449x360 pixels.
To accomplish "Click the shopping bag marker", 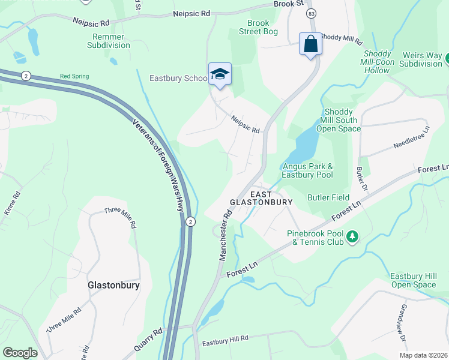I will (310, 44).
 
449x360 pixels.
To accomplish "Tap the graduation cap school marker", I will (220, 74).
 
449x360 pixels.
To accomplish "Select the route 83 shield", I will (310, 13).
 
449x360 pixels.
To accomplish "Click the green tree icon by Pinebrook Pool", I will (354, 238).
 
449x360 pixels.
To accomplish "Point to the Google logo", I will (20, 352).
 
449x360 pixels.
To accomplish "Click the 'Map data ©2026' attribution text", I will (423, 355).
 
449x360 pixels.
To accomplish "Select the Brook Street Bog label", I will (258, 27).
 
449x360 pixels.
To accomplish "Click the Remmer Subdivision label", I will (109, 41).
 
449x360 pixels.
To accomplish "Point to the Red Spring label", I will (74, 77).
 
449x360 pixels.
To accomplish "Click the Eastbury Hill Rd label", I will (225, 340).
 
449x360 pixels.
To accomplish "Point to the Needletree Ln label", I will (411, 137).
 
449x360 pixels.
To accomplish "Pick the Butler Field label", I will (328, 197).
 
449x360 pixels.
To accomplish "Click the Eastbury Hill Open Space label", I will (413, 280).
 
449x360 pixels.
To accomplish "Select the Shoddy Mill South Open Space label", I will (340, 120).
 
